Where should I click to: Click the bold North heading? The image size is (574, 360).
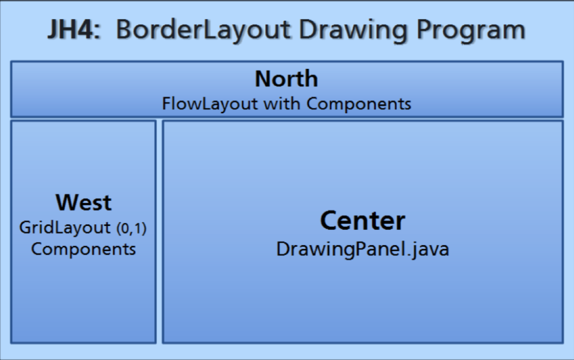[286, 79]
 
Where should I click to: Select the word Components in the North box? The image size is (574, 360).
[359, 104]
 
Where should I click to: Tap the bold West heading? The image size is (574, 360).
[84, 202]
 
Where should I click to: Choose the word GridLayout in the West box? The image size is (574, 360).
[65, 228]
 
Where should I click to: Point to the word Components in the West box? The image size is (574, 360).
[84, 248]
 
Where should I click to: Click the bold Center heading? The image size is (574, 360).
[362, 221]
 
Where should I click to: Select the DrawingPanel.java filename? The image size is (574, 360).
[362, 248]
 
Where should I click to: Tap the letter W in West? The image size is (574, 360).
[65, 202]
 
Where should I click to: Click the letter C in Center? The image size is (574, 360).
[328, 221]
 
